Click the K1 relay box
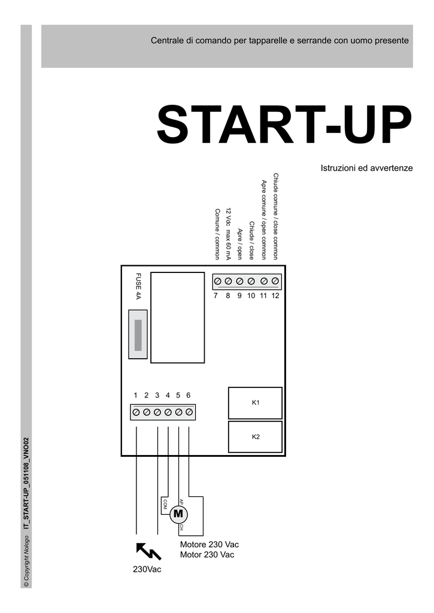click(x=255, y=403)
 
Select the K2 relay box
click(x=255, y=436)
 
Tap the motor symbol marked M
click(x=178, y=514)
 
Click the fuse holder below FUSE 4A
click(x=138, y=334)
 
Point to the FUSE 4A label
click(x=138, y=286)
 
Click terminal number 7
click(x=216, y=296)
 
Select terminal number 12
click(x=275, y=296)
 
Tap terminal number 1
click(x=135, y=395)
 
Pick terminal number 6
click(x=189, y=395)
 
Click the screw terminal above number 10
click(x=251, y=281)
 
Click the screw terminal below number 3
click(x=157, y=412)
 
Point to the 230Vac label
click(x=147, y=569)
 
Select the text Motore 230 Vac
click(x=209, y=544)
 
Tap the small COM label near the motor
click(x=165, y=504)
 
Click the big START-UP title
click(x=284, y=124)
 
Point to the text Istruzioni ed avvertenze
click(x=367, y=168)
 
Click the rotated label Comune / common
click(x=217, y=234)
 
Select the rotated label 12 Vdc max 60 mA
click(x=229, y=234)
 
